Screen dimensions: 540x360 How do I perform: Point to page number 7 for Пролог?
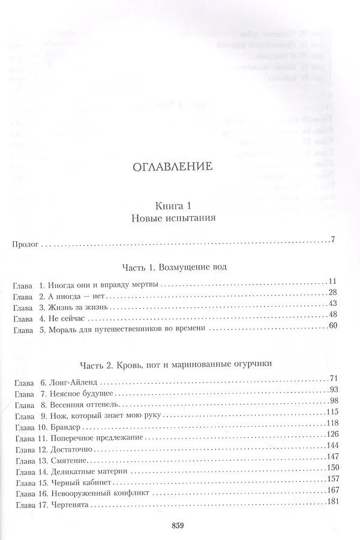pos(332,241)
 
